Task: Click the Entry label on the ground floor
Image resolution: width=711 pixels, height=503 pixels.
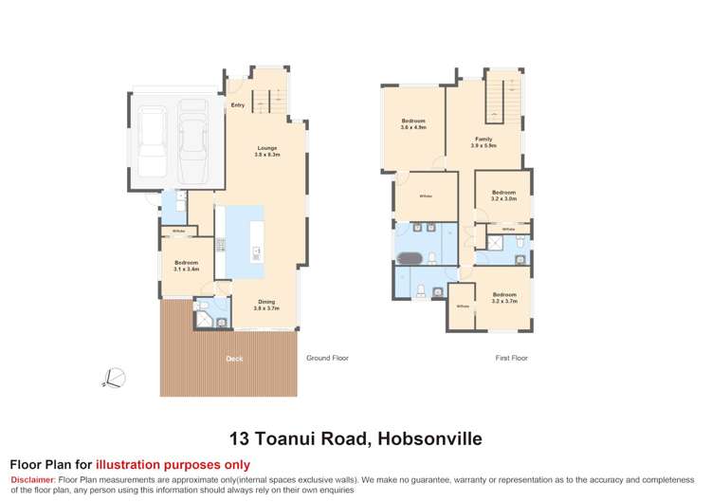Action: (237, 105)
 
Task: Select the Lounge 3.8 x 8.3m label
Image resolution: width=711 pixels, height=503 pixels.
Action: (266, 150)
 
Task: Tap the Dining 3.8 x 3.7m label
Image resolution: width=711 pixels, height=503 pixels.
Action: (265, 305)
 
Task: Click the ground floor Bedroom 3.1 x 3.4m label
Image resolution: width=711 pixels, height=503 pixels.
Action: (186, 266)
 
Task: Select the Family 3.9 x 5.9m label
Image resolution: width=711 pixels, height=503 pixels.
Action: (483, 142)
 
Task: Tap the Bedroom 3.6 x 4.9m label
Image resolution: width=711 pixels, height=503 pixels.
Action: (413, 123)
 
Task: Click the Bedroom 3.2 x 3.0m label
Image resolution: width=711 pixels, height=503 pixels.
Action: (503, 195)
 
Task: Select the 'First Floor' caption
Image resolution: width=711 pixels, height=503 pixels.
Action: (512, 359)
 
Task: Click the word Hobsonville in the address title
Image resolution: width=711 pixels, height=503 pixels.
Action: (429, 439)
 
